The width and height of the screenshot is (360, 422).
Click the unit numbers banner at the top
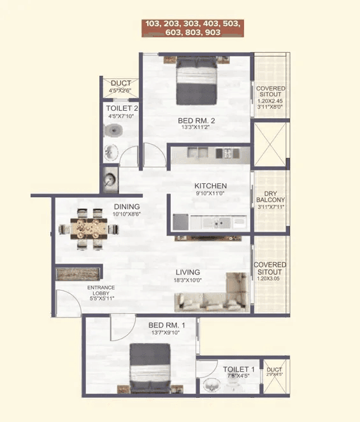[192, 27]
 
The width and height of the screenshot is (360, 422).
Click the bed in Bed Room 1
[150, 369]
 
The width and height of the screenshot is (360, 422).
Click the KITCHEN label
[211, 186]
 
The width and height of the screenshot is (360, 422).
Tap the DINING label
[127, 207]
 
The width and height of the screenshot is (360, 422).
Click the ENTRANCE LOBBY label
[101, 291]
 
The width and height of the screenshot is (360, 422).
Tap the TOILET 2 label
[121, 108]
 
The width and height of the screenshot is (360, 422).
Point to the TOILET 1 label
[239, 369]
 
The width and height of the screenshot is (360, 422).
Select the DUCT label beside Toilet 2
[120, 83]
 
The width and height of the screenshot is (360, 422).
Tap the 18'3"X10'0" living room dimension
[189, 279]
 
